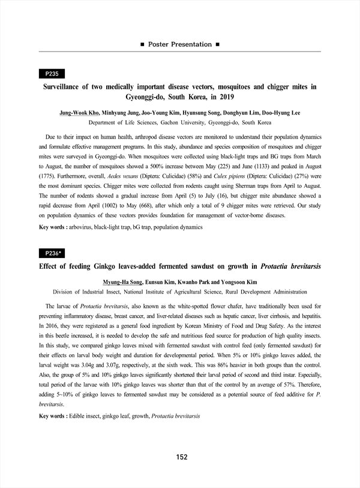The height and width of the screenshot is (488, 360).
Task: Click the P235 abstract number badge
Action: (52, 74)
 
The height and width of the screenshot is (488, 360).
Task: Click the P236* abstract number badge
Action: (53, 253)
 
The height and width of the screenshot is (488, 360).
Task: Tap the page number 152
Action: (182, 457)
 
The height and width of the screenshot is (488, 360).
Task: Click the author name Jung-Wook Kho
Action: (80, 113)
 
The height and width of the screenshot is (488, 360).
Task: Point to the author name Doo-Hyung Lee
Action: (281, 113)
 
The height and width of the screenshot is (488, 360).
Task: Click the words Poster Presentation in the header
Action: (179, 44)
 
